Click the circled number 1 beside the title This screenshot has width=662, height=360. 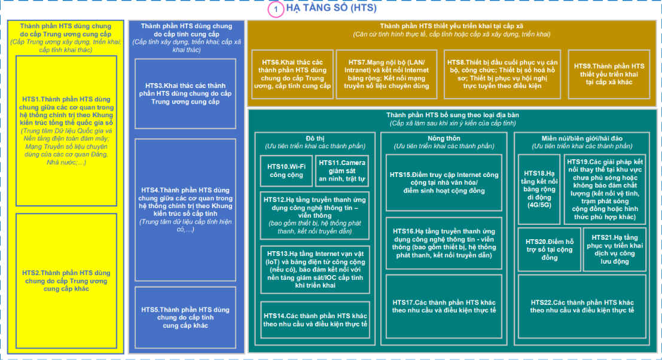coord(276,10)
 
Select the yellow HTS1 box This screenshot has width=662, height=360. coord(66,131)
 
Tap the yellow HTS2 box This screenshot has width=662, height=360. coord(66,280)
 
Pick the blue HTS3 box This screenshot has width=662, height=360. coord(185,94)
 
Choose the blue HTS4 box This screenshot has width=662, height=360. coord(185,210)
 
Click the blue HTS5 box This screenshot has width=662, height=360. coord(185,318)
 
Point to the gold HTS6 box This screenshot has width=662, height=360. coord(292,74)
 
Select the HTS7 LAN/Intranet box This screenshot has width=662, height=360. coord(386,74)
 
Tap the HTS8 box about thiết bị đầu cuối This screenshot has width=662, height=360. coord(502,74)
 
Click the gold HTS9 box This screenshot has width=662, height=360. coord(609,74)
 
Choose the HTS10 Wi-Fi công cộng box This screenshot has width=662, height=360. coord(286,170)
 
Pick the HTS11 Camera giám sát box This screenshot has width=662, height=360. coord(342,170)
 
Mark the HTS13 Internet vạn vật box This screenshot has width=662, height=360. coord(315,270)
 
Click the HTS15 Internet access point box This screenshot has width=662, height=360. coord(444,183)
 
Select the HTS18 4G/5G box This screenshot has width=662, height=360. coord(539,189)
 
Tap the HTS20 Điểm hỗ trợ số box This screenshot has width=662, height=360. coord(549,249)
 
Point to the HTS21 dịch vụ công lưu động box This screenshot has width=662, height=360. coord(614,249)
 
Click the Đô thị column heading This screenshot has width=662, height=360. coord(315,138)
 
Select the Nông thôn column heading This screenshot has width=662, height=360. coord(444,138)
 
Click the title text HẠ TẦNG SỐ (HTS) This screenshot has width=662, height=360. coord(331,8)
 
